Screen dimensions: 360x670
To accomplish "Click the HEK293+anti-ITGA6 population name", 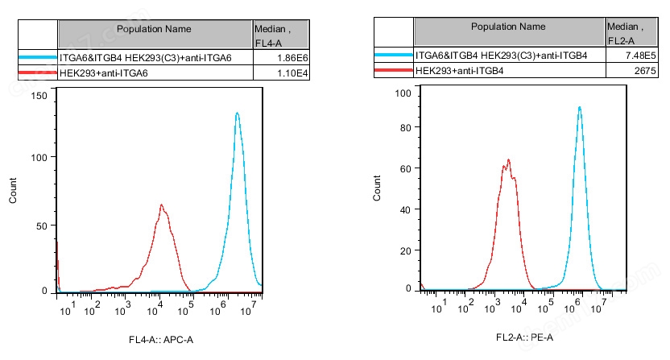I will (104, 74).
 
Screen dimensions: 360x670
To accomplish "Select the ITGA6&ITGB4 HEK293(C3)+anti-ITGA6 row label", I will (144, 59).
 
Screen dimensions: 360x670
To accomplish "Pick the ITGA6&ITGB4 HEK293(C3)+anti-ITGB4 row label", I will (501, 56).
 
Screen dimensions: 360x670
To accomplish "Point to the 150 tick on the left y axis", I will (39, 96).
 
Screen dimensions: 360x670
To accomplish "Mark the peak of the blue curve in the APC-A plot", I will (237, 114).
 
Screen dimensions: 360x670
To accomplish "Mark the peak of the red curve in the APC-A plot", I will (161, 205).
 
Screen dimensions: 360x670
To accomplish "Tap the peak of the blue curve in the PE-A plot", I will (579, 107).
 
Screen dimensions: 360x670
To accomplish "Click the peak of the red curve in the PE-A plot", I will (509, 159).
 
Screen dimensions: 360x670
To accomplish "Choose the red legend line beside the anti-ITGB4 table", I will (393, 72).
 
